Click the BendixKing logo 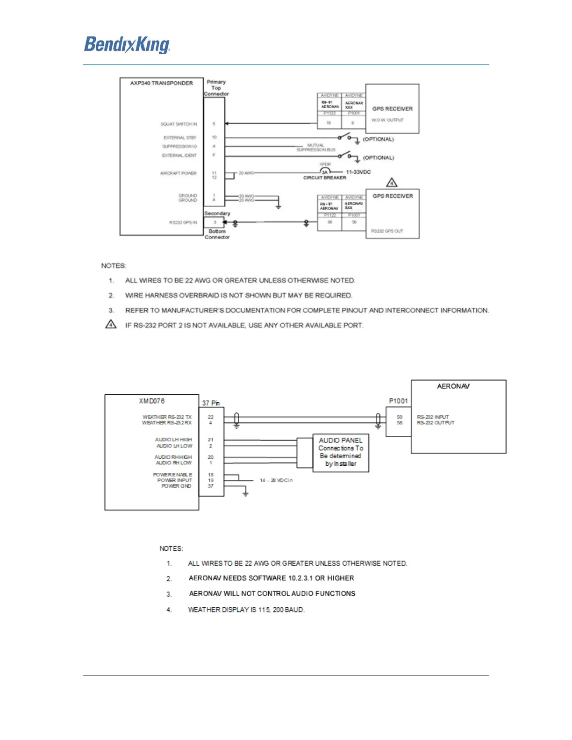(127, 45)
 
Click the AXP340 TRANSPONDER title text (161, 83)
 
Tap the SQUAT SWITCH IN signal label (179, 124)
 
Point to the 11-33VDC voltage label (358, 172)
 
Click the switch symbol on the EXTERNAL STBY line (345, 136)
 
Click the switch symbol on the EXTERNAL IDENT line (345, 155)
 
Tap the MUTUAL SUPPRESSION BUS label (316, 148)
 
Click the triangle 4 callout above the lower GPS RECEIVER (392, 183)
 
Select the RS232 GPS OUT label (387, 231)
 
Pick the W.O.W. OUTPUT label (387, 120)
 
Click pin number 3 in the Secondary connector (214, 222)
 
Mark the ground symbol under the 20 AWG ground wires (279, 206)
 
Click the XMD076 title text (151, 401)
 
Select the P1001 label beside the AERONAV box (398, 401)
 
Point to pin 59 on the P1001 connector (400, 417)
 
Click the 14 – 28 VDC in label (276, 480)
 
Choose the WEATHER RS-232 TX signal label (167, 417)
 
